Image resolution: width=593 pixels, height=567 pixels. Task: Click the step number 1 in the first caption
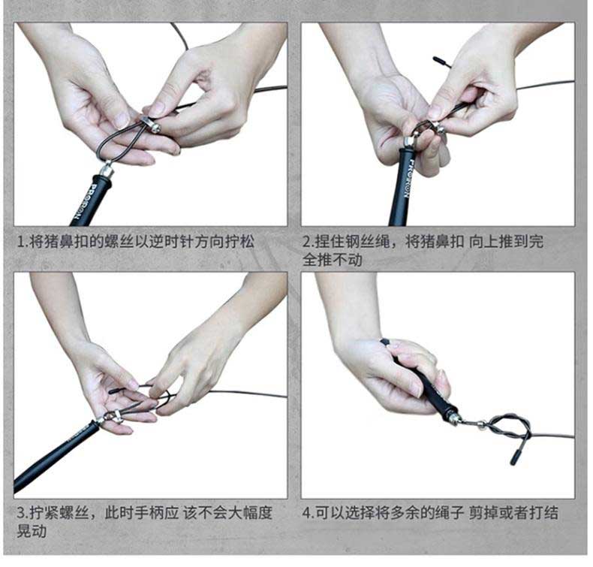(20, 241)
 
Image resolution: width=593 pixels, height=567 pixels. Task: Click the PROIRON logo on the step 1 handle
(86, 201)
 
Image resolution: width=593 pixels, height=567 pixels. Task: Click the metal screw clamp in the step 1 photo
(151, 124)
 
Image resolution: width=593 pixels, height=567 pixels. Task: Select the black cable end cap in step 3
(116, 391)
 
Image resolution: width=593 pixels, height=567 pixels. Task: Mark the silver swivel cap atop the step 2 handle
(409, 143)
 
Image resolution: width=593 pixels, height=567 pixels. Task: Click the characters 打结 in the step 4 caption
(544, 513)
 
